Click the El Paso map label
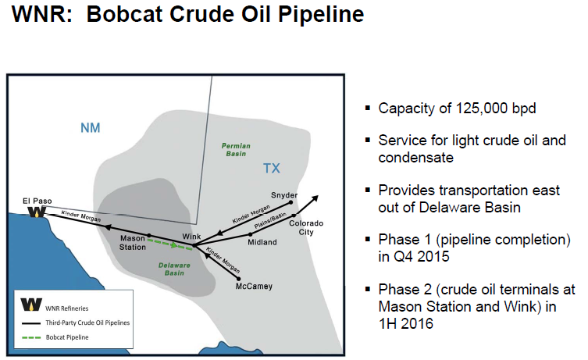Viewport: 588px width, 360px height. click(37, 201)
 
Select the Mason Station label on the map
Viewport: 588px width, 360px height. click(132, 241)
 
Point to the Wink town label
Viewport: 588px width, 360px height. click(192, 235)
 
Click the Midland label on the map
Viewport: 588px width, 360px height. click(262, 242)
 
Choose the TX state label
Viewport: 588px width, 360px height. click(272, 168)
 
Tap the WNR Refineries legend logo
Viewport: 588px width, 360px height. click(32, 305)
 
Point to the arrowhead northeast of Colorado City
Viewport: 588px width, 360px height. click(315, 197)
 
